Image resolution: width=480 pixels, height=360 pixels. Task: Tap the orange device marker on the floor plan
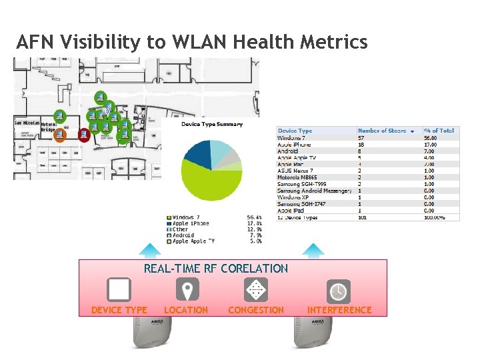click(x=59, y=136)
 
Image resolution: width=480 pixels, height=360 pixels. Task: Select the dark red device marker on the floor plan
click(x=84, y=135)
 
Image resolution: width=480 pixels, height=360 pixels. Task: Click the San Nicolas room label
click(x=27, y=123)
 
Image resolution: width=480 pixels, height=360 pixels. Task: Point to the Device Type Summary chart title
click(x=212, y=124)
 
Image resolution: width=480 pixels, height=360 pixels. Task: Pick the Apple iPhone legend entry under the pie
click(x=191, y=223)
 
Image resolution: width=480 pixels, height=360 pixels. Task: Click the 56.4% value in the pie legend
click(x=254, y=217)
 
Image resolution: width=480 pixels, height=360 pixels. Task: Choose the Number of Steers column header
click(x=381, y=131)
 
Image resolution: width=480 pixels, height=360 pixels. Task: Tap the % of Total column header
click(x=439, y=131)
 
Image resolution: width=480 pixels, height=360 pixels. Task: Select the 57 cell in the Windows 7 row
click(x=362, y=137)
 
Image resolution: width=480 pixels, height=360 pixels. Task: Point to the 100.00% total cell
click(x=438, y=217)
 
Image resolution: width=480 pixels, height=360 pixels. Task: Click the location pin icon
click(x=187, y=290)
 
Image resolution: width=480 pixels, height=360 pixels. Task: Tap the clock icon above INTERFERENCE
click(x=339, y=291)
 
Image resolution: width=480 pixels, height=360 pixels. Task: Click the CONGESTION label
click(x=256, y=310)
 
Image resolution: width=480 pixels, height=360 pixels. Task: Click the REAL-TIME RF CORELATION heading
click(x=216, y=269)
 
